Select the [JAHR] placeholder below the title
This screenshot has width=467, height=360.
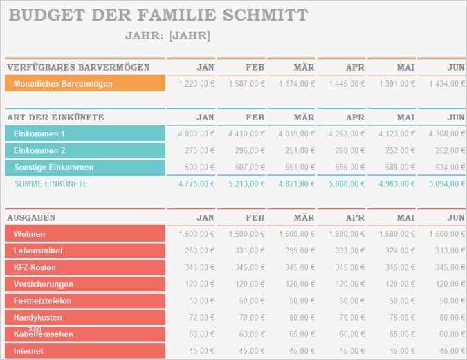190,36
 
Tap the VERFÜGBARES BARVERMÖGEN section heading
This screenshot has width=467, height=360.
78,67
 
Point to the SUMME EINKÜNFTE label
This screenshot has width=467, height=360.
51,184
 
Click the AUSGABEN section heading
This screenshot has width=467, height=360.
31,217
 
